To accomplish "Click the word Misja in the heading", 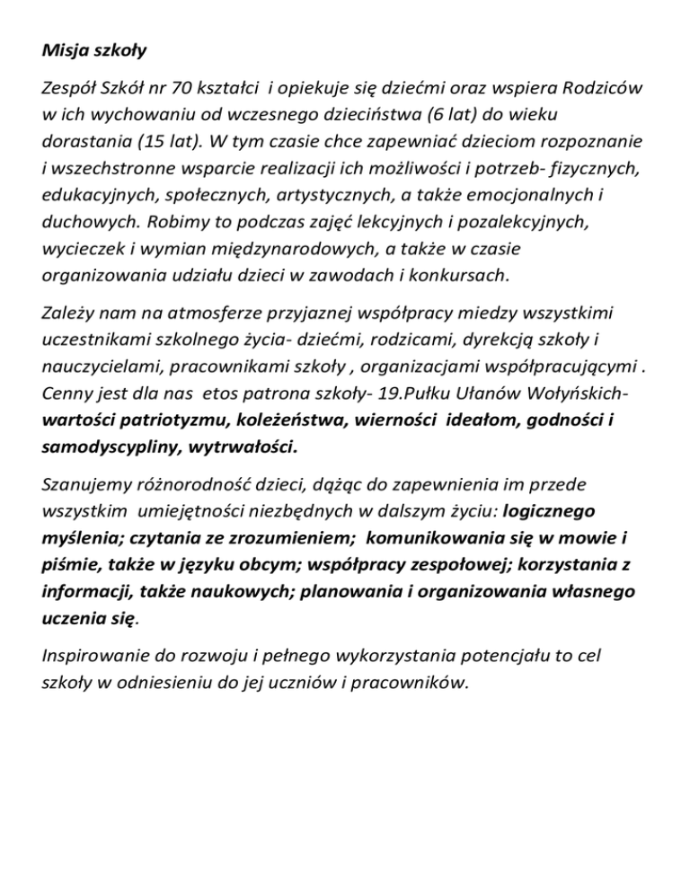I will click(65, 51).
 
